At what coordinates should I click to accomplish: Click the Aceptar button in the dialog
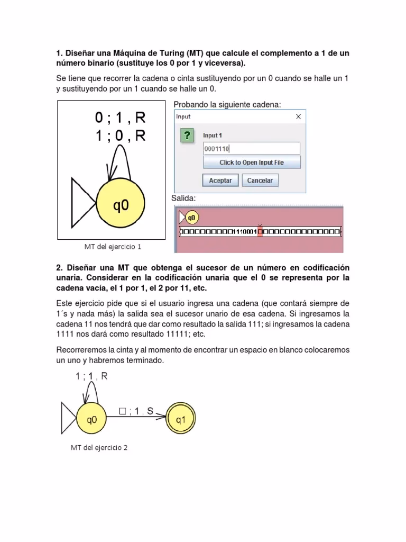pos(220,180)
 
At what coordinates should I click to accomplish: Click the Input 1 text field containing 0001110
pos(252,149)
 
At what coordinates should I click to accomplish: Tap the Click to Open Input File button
pos(252,162)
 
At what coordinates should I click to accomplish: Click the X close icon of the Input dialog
pos(298,116)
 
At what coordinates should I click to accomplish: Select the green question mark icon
pos(186,136)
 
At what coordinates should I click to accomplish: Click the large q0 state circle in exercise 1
pos(121,205)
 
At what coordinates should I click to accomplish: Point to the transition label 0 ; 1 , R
pos(120,118)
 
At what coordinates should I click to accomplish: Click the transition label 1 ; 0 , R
pos(120,136)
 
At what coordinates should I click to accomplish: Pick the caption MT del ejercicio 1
pos(113,247)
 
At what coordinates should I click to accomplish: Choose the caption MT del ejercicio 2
pos(99,447)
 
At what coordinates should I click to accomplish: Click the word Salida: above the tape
pos(183,198)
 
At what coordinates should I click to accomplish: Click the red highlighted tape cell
pos(260,231)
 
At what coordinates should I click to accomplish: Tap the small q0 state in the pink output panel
pos(191,217)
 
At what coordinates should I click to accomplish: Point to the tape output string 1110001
pos(245,231)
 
